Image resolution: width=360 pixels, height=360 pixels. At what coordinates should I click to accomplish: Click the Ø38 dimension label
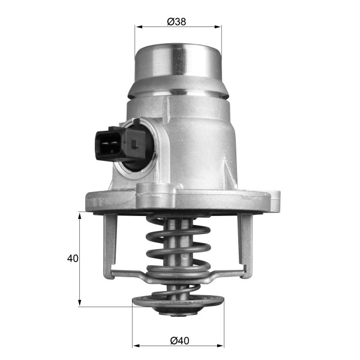[x=176, y=22]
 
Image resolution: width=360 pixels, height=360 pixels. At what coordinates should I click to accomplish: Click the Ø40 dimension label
[x=179, y=341]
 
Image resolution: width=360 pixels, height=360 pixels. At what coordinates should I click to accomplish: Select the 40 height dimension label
[x=73, y=259]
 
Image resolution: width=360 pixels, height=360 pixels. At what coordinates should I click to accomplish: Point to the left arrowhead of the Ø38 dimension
[x=139, y=27]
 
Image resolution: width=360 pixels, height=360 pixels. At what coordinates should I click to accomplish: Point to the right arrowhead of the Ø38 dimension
[x=218, y=27]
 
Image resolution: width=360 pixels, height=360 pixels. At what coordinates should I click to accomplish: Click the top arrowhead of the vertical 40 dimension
[x=80, y=216]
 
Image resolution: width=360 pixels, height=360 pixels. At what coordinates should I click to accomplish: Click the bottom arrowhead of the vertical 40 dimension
[x=80, y=302]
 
